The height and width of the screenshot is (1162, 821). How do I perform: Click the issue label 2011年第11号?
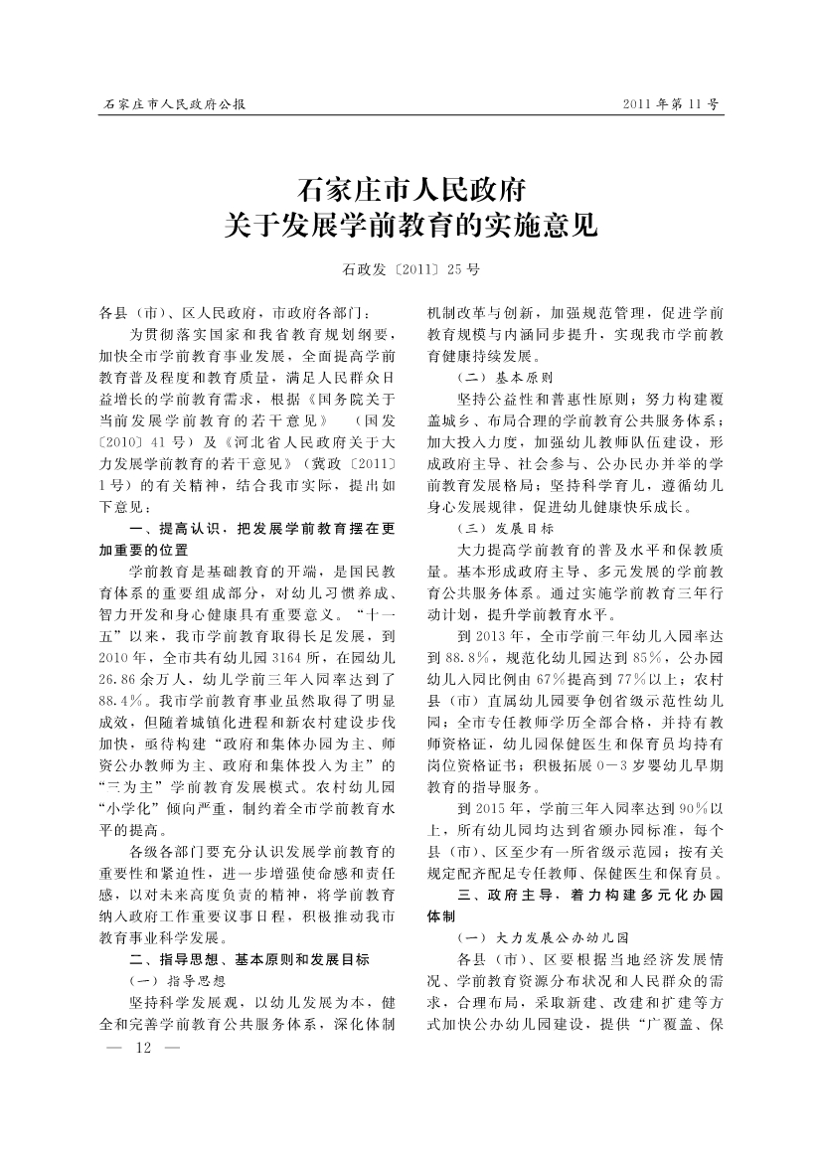[x=669, y=103]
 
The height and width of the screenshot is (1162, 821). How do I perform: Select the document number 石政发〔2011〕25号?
[x=410, y=269]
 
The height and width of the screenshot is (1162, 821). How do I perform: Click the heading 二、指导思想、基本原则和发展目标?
[x=249, y=959]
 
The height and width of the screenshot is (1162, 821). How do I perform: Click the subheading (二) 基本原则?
[x=505, y=379]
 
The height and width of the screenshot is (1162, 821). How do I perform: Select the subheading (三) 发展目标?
[x=505, y=528]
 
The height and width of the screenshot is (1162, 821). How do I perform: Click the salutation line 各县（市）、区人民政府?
[x=181, y=312]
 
